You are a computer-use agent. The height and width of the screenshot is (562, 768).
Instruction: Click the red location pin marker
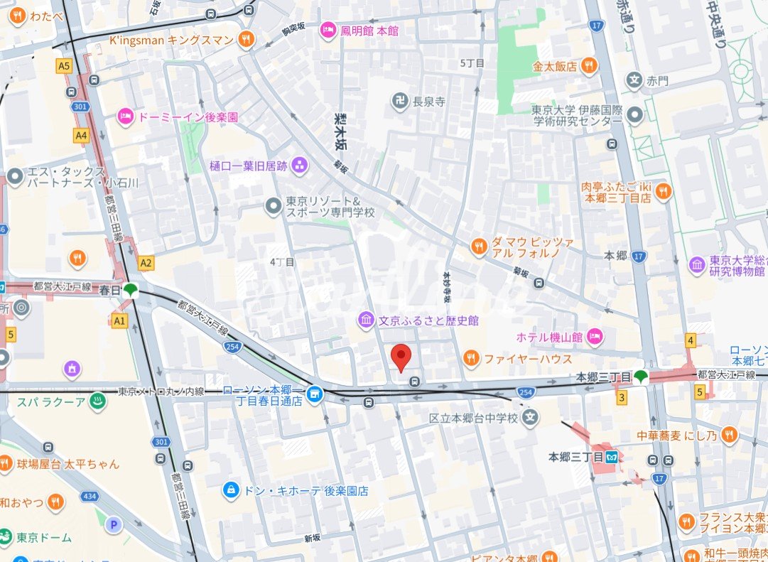pyautogui.click(x=401, y=357)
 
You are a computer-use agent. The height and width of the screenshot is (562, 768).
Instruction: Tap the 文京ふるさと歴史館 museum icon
pyautogui.click(x=366, y=320)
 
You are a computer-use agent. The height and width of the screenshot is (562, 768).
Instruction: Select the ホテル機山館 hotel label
pyautogui.click(x=550, y=337)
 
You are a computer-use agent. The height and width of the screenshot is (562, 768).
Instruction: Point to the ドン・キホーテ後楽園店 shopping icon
pyautogui.click(x=230, y=490)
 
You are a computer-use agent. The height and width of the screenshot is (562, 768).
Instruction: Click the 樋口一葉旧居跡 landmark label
pyautogui.click(x=248, y=166)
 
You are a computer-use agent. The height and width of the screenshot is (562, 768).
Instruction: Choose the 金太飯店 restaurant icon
pyautogui.click(x=588, y=66)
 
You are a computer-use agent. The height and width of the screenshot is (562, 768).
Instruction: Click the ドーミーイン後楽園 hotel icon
pyautogui.click(x=126, y=116)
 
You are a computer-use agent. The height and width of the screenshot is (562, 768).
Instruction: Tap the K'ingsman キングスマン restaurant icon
pyautogui.click(x=246, y=40)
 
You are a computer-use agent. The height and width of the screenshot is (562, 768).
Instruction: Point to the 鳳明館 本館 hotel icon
pyautogui.click(x=328, y=31)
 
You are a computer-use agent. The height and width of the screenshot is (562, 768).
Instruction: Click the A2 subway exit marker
pyautogui.click(x=146, y=263)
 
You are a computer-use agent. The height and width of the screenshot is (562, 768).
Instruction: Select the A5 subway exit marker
pyautogui.click(x=64, y=65)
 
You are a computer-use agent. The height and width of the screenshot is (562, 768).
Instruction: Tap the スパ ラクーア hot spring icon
pyautogui.click(x=97, y=401)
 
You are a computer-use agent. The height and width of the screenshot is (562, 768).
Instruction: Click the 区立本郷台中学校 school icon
pyautogui.click(x=529, y=418)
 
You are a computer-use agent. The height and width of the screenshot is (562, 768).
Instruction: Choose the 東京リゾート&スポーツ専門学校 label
pyautogui.click(x=330, y=207)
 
